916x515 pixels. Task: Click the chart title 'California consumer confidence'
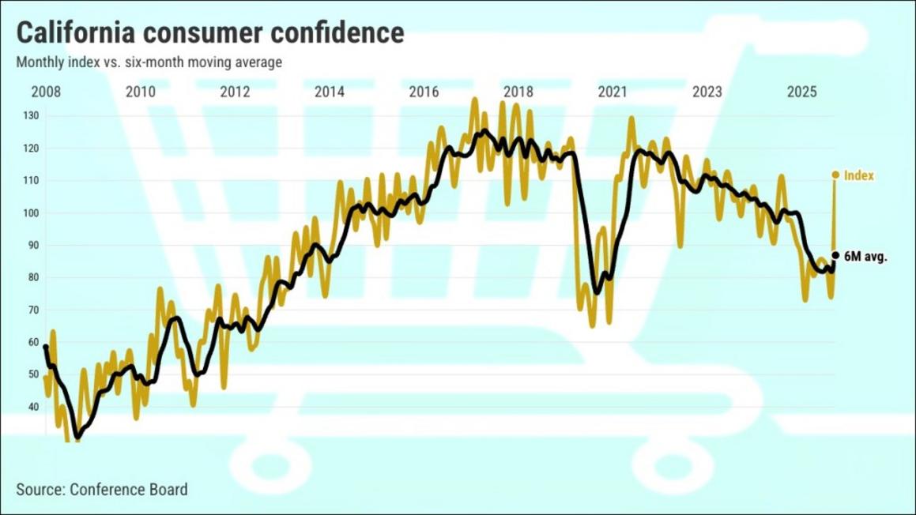pos(210,32)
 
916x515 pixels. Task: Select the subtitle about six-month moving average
pos(149,62)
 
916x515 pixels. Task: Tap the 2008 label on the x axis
pos(46,92)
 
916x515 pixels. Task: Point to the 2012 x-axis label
pos(235,92)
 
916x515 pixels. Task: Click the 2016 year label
pos(424,92)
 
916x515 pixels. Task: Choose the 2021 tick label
pos(613,92)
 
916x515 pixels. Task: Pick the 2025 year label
pos(801,92)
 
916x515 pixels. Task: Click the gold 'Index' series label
pos(859,175)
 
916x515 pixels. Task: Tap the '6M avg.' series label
pos(865,257)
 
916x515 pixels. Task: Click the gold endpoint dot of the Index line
pos(835,175)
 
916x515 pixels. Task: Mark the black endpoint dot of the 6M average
pos(835,255)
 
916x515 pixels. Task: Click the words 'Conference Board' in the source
pos(129,490)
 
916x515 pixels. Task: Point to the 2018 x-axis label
pos(518,92)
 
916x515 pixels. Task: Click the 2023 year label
pos(707,92)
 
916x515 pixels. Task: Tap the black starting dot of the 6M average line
pos(45,347)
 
